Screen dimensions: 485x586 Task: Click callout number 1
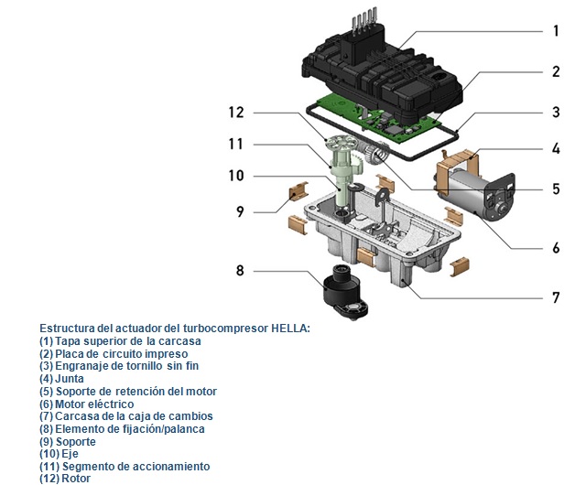coord(555,30)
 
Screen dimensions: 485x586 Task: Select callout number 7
coord(555,297)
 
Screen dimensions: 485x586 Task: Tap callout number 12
coord(236,113)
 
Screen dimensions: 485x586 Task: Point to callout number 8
coord(240,270)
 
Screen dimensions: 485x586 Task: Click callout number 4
coord(555,148)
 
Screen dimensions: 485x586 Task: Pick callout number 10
coord(236,175)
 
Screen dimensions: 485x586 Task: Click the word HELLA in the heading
coord(285,328)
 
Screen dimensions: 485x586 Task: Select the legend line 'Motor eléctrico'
coord(86,404)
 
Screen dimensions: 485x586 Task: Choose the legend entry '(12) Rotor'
coord(65,479)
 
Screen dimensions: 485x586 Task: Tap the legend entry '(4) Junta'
coord(61,378)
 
